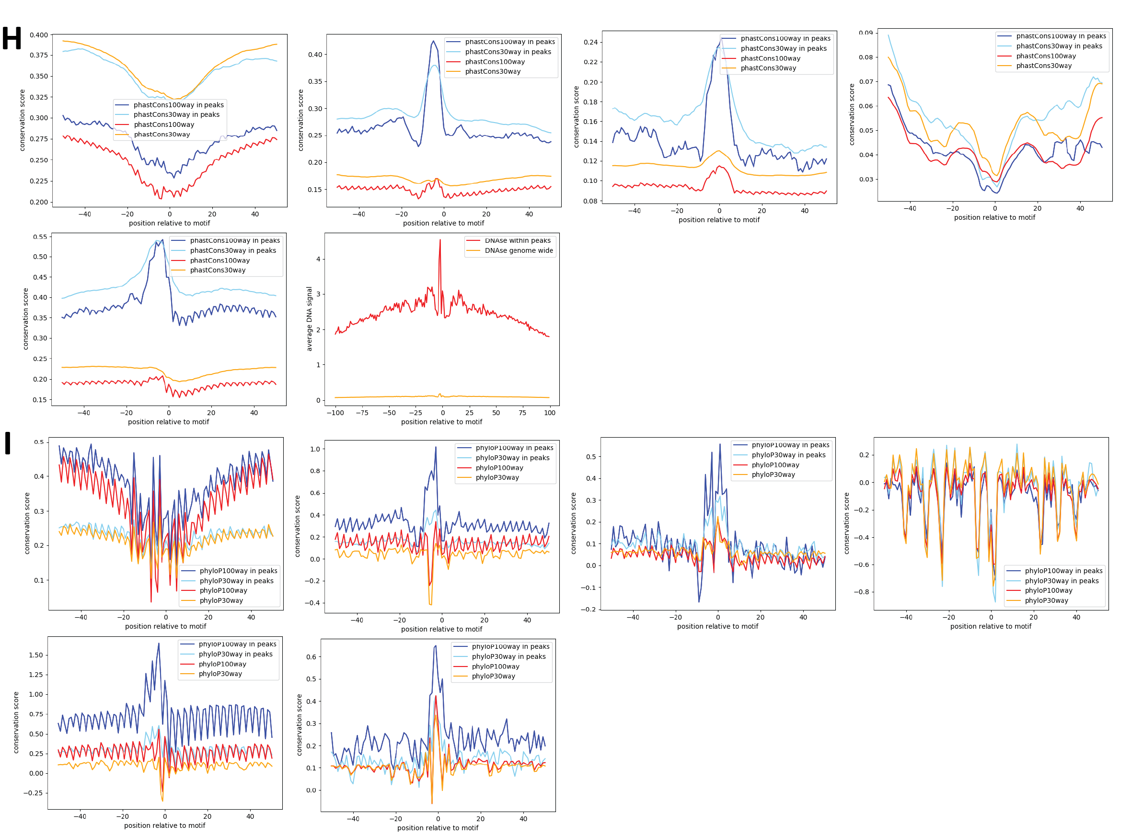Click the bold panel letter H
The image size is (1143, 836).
12,38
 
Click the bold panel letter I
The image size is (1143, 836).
8,443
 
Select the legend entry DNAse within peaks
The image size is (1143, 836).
517,240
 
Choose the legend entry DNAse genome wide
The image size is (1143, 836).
519,250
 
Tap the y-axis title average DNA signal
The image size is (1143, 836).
309,319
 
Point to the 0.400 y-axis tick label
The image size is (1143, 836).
39,35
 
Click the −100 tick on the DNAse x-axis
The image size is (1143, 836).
335,413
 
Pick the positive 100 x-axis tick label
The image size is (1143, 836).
550,413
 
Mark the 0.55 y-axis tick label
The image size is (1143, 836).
40,237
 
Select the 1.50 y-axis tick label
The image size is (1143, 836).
36,655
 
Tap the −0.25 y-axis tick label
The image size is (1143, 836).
34,793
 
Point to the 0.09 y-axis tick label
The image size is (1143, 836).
866,33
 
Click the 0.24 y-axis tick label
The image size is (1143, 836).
590,42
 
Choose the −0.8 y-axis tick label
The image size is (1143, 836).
861,592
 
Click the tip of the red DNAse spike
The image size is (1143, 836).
440,240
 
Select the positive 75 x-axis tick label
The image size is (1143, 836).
523,413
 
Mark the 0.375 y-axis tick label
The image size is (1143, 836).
39,55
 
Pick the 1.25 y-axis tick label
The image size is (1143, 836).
36,675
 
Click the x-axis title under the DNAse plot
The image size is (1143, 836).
441,422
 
